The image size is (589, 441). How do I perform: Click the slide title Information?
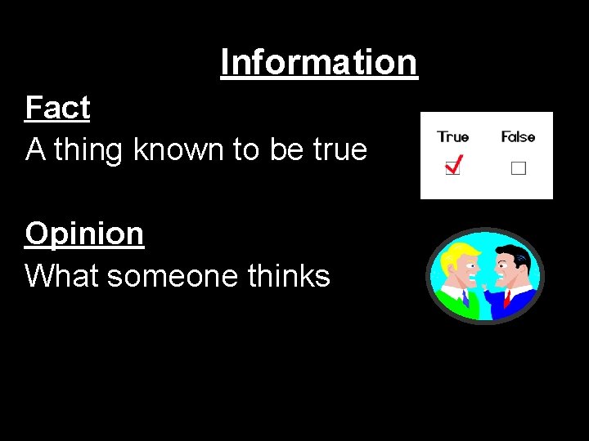pyautogui.click(x=319, y=62)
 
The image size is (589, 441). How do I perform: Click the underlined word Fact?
pyautogui.click(x=57, y=108)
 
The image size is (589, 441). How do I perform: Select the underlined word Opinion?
pyautogui.click(x=84, y=234)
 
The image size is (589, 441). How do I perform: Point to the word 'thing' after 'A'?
pyautogui.click(x=89, y=149)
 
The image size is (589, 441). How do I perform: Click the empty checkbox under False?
pyautogui.click(x=518, y=169)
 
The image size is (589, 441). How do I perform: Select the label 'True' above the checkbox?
pyautogui.click(x=452, y=137)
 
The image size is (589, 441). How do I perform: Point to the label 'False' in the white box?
pyautogui.click(x=518, y=137)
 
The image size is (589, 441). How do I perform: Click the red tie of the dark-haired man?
pyautogui.click(x=507, y=298)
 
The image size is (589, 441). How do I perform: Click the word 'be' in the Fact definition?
pyautogui.click(x=292, y=149)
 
